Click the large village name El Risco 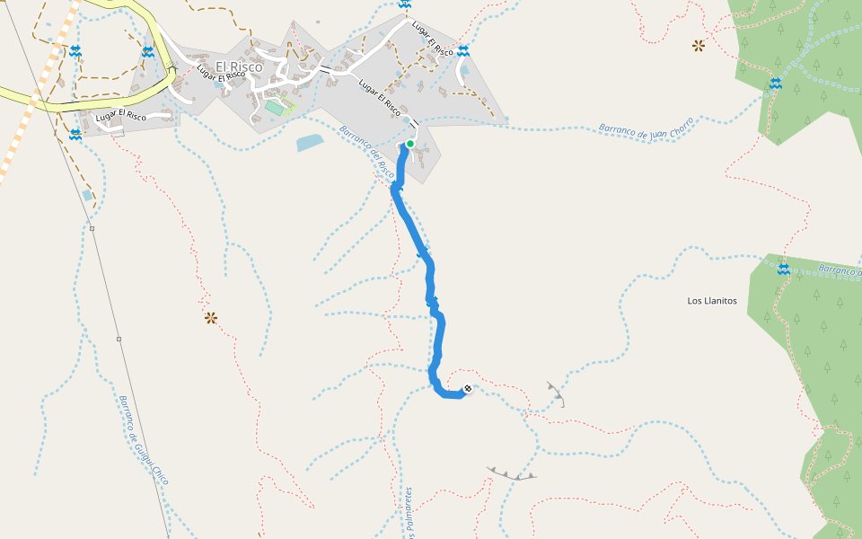tap(239, 66)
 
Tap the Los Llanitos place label tap(712, 301)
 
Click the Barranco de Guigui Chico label tap(144, 441)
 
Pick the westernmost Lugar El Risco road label tap(120, 116)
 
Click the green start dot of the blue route tap(410, 143)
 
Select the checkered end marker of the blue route tap(467, 389)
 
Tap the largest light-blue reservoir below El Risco tap(309, 142)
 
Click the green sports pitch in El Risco tap(273, 108)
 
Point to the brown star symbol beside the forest tap(698, 44)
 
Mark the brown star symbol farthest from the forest tap(211, 317)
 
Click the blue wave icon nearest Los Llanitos tap(784, 269)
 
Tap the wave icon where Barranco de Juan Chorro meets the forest tap(775, 84)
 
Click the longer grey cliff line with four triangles tap(512, 473)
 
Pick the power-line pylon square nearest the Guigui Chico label tap(119, 339)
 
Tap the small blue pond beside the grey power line tap(86, 194)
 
